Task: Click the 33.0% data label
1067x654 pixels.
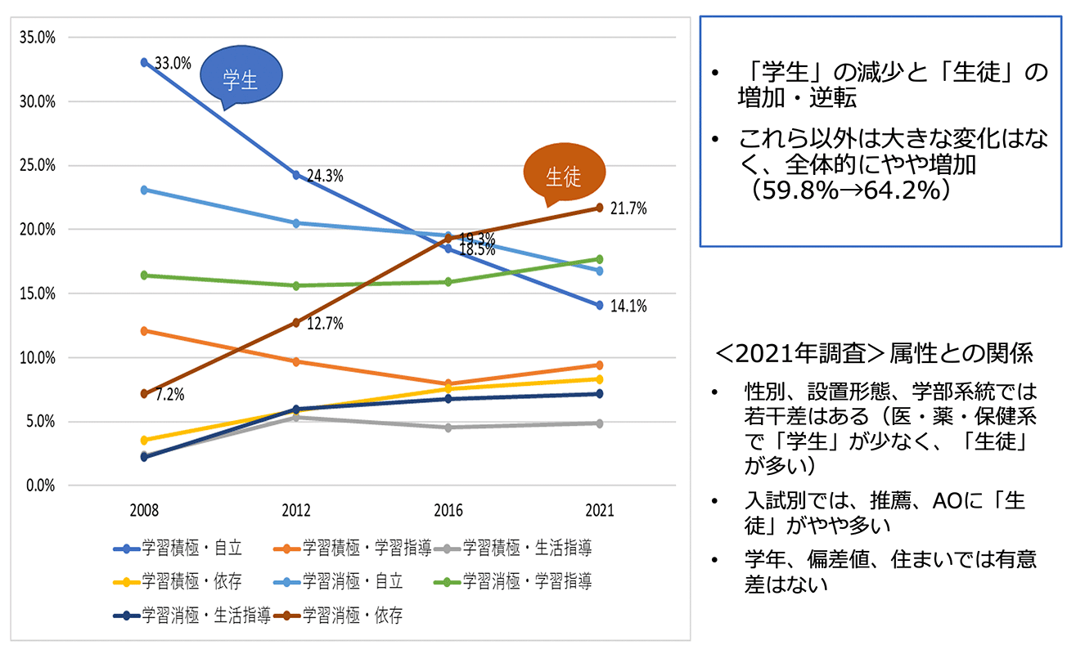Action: [173, 62]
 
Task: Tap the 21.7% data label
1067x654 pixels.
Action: [628, 208]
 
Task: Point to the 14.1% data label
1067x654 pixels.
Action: [628, 307]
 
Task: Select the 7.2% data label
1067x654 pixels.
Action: [169, 394]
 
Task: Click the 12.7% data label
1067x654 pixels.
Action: [324, 324]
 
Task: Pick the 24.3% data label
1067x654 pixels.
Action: [324, 176]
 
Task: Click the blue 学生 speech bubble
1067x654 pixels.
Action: [241, 78]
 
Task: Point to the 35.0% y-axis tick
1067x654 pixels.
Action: [35, 38]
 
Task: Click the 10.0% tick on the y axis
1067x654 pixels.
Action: [35, 357]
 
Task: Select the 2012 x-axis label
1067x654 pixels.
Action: [296, 510]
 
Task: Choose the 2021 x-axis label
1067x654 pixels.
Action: [600, 510]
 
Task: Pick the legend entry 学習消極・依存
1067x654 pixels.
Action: [340, 615]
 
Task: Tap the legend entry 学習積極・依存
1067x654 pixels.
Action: [181, 581]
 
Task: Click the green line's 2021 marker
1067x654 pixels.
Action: [600, 259]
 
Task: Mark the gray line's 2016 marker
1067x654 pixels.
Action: [448, 428]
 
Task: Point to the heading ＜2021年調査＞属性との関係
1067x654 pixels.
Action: [875, 353]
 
